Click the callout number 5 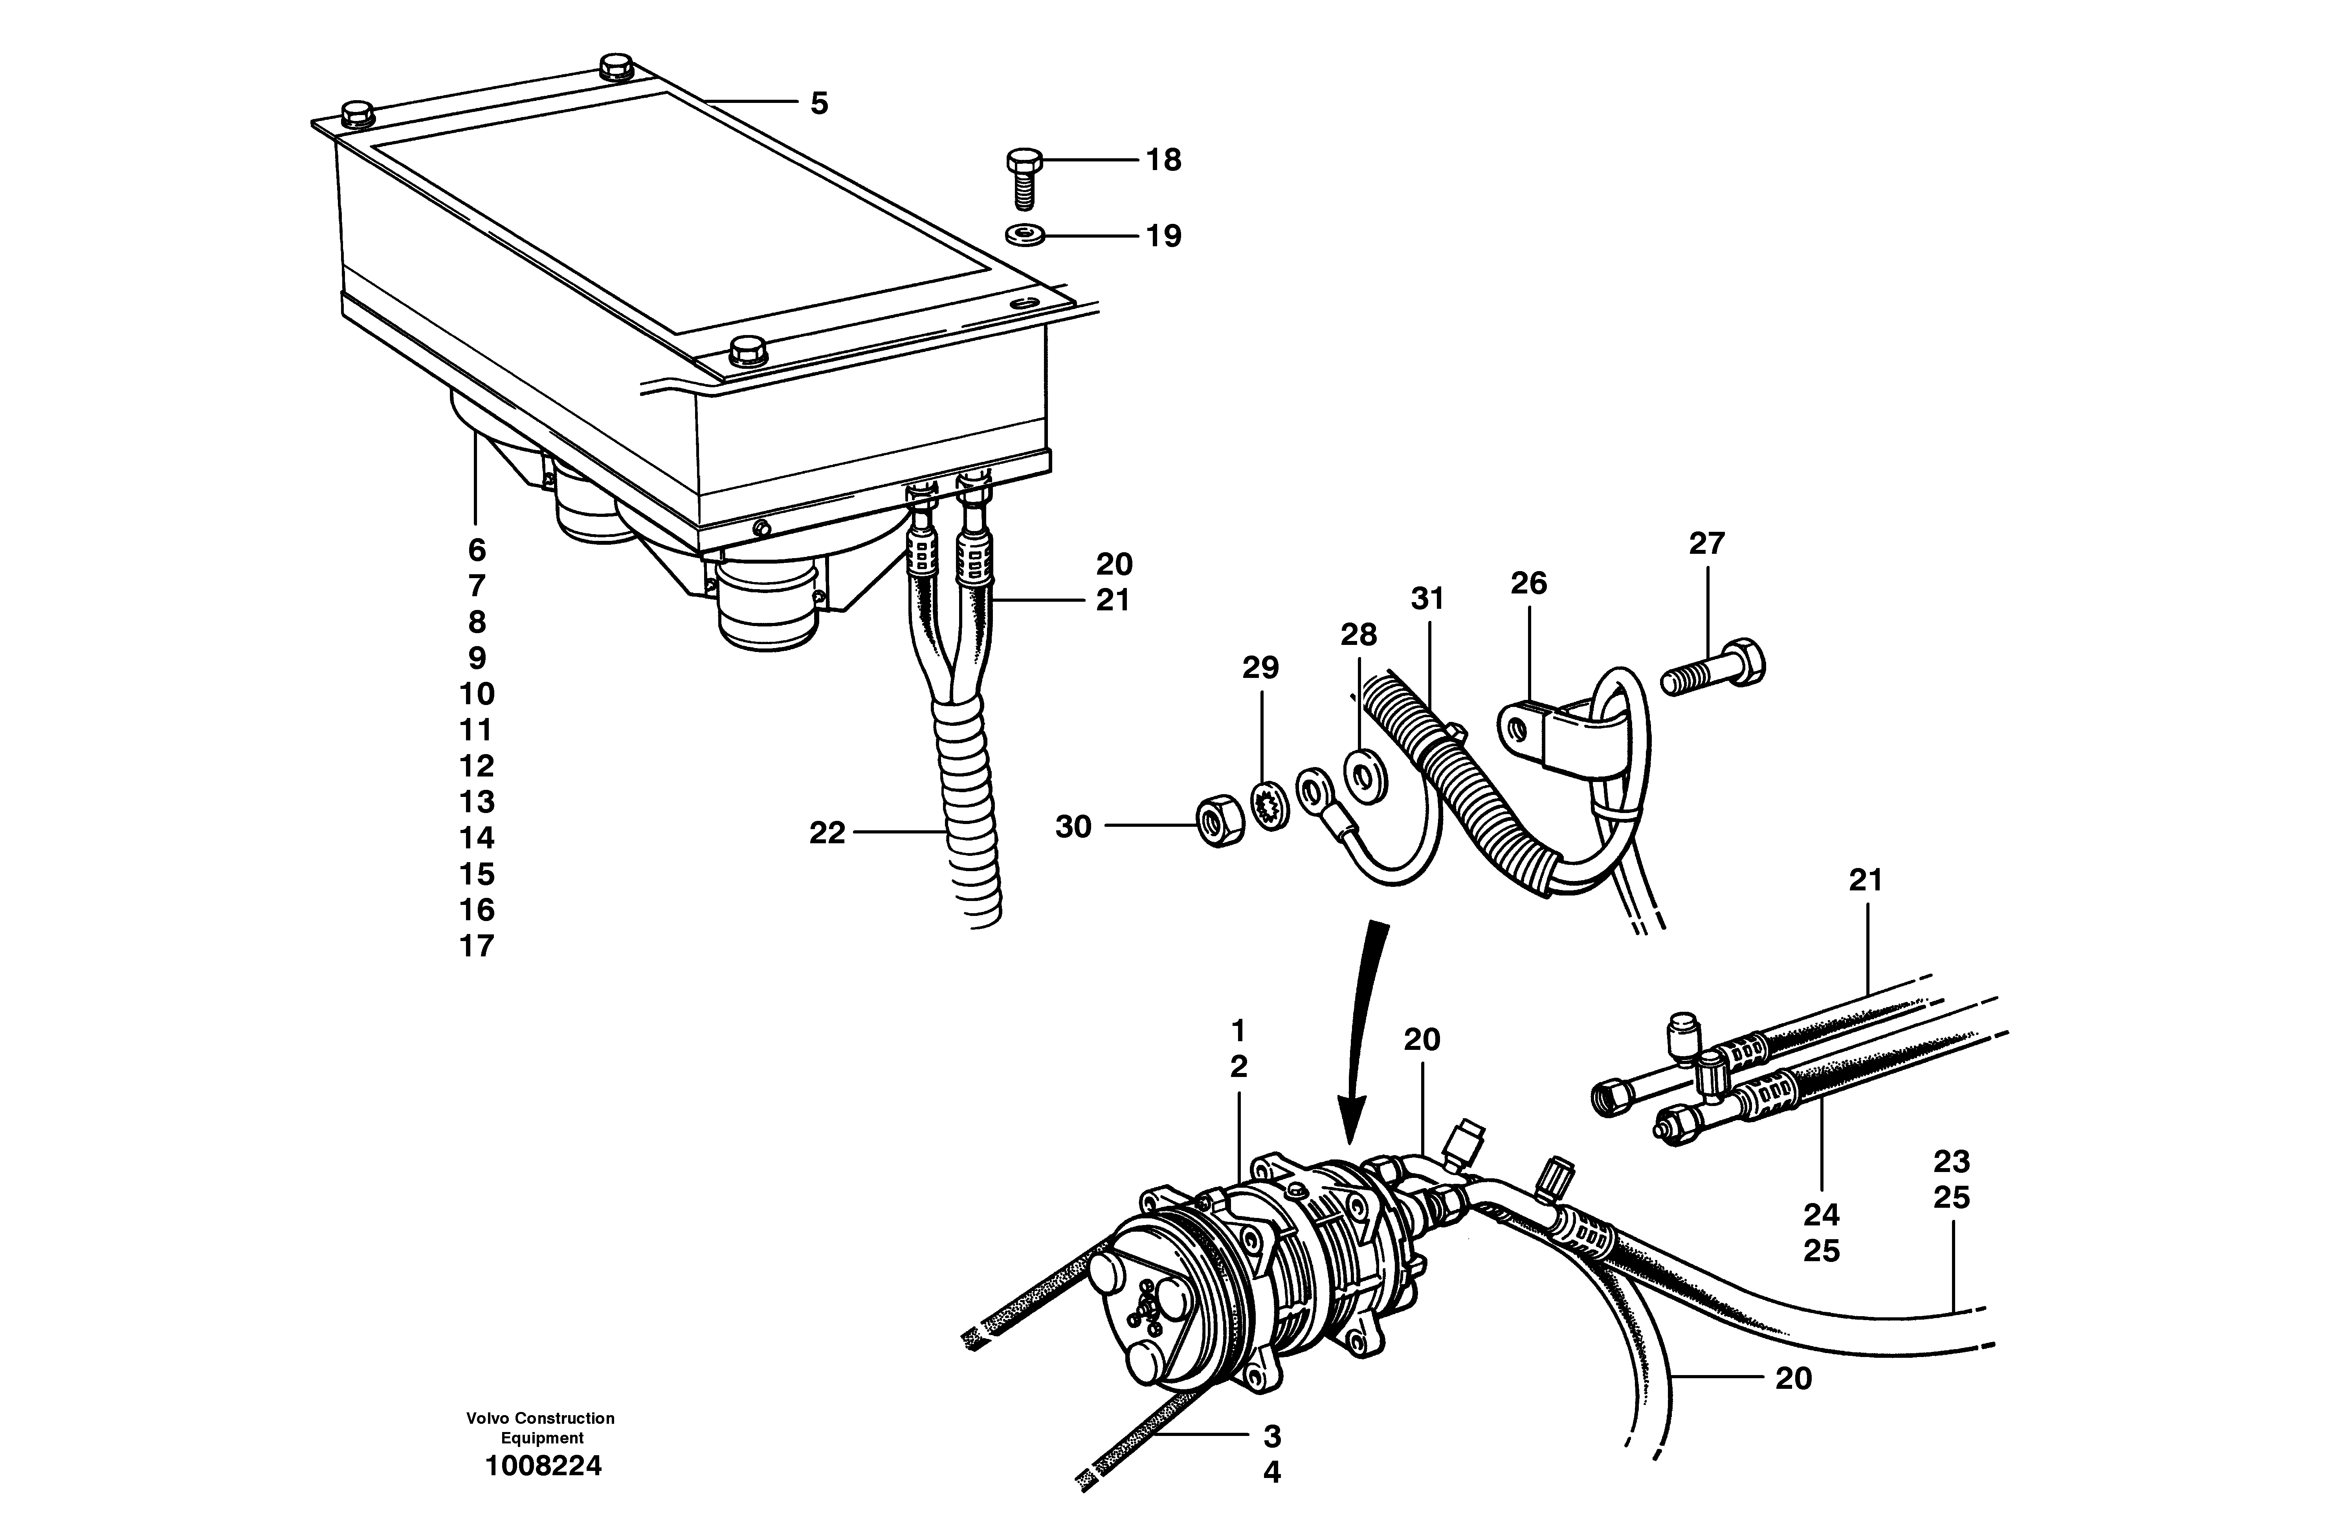point(819,103)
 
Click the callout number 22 point(827,833)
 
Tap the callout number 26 point(1528,584)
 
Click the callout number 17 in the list point(477,946)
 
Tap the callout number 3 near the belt point(1272,1437)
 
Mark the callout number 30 point(1073,828)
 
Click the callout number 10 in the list point(477,694)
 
